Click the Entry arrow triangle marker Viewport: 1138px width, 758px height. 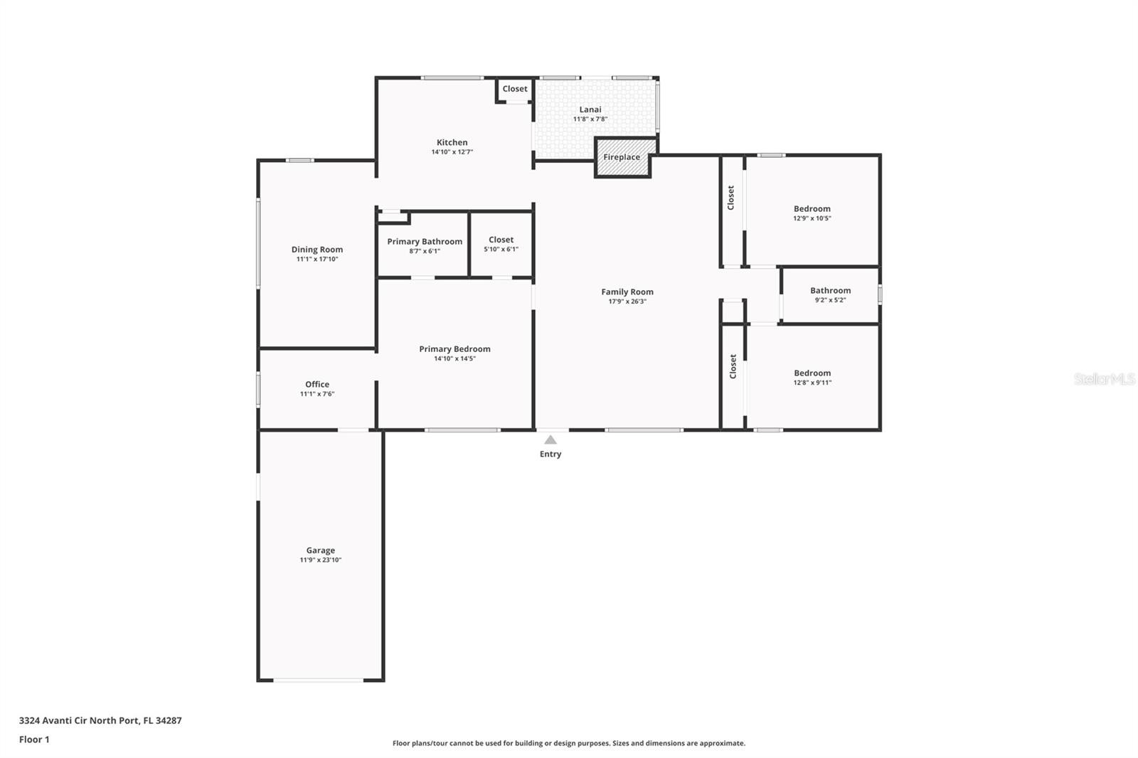(551, 440)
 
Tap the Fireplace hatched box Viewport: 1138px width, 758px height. (623, 157)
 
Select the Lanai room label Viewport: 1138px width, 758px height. (590, 110)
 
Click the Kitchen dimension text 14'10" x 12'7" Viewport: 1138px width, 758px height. (452, 152)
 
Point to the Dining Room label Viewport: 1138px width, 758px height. (317, 250)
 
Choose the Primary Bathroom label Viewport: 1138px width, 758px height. (425, 242)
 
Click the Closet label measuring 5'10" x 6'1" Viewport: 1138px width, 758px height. (501, 240)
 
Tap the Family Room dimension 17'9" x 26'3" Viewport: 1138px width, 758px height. (627, 301)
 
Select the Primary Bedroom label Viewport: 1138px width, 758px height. (454, 349)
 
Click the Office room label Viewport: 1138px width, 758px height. (317, 385)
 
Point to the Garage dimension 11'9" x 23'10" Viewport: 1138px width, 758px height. (321, 560)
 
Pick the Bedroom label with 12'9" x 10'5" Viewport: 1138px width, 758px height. (812, 209)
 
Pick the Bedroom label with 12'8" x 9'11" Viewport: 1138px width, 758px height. (812, 373)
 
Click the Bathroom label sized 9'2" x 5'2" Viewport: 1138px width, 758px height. (831, 291)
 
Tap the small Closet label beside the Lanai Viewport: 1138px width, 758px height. (515, 89)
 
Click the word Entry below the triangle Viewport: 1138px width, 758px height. (551, 454)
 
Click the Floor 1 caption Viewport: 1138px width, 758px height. (34, 740)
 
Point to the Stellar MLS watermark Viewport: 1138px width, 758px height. (1105, 379)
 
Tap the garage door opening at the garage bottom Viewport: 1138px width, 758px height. (319, 680)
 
